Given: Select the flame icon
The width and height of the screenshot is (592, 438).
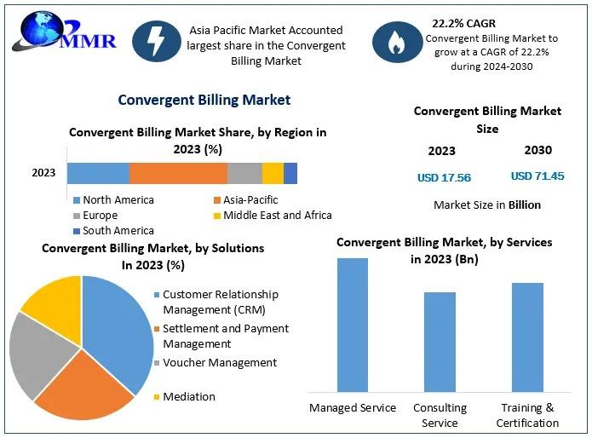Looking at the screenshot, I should (395, 43).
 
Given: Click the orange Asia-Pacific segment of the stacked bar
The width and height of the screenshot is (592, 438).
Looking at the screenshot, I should (178, 173).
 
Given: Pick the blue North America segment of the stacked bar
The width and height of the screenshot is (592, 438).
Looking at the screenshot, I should (98, 173).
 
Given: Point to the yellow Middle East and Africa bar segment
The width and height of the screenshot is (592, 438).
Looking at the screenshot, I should (273, 173).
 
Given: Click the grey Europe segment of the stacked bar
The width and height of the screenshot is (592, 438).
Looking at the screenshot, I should (244, 173).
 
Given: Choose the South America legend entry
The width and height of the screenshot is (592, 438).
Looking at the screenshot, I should (113, 230).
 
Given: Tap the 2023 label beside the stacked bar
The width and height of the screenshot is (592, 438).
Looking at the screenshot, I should (43, 173).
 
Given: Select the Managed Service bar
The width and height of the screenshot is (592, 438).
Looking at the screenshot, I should (353, 324).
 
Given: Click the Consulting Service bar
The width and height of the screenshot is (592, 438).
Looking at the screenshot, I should (440, 341).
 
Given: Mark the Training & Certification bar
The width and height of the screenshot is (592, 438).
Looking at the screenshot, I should (527, 337).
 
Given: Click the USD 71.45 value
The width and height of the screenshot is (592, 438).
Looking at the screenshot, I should (537, 176).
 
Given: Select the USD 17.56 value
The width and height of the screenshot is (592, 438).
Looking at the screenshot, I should (444, 178).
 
